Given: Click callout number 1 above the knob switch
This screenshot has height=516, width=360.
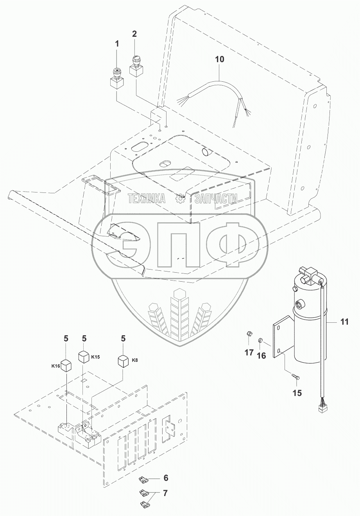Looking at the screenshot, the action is tap(116, 44).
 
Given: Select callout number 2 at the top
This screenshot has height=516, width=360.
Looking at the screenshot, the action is tap(134, 34).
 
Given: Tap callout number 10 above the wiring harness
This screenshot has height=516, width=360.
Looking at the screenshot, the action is tap(220, 59).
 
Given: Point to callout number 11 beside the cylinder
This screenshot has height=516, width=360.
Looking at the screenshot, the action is tap(344, 322).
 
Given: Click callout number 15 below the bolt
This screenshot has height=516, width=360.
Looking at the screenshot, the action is tap(297, 393).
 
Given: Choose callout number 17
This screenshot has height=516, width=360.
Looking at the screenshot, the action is tap(249, 352).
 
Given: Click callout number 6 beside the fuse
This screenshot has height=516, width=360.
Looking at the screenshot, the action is tap(166, 478).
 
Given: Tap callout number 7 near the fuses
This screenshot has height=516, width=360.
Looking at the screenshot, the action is tap(165, 493).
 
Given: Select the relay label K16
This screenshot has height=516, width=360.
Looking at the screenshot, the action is tap(55, 366).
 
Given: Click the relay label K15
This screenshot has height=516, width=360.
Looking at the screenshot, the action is tap(96, 357).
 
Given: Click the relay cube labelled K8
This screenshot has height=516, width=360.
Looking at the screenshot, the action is tap(124, 361).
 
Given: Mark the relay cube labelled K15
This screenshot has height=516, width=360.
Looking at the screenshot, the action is tap(84, 357).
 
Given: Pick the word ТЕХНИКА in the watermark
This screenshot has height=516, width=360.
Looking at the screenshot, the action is tap(147, 199).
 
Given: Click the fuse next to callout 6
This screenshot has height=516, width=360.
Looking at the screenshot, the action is tap(143, 479).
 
